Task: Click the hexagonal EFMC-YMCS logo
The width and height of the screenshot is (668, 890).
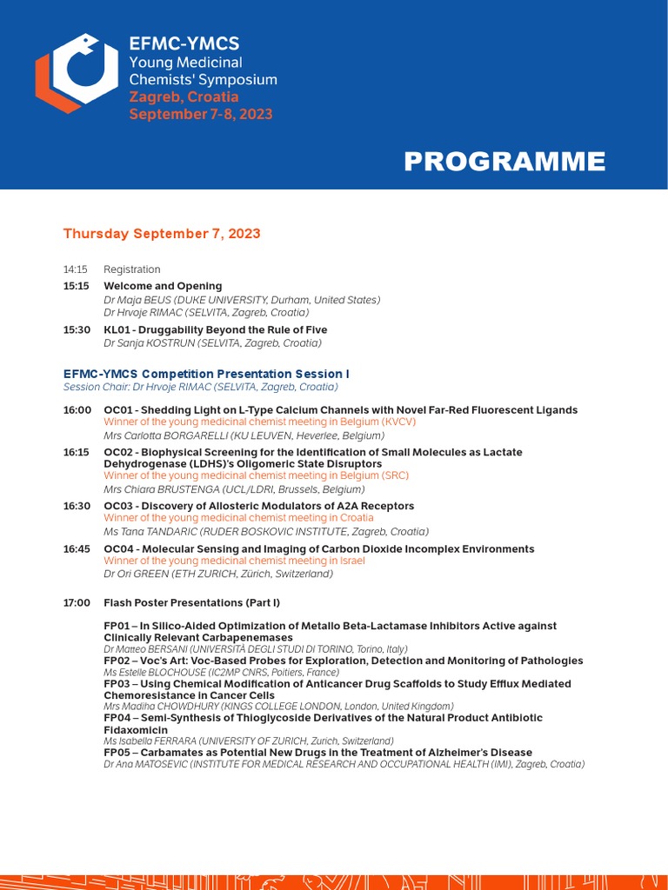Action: [77, 73]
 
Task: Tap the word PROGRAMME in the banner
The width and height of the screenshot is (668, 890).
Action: [504, 162]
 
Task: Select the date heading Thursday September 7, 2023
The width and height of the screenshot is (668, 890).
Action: [162, 234]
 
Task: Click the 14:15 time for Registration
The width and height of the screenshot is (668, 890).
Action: [75, 269]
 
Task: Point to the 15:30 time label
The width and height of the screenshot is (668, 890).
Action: [77, 330]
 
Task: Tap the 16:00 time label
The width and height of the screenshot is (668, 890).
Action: [77, 410]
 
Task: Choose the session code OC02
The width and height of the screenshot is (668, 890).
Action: [118, 453]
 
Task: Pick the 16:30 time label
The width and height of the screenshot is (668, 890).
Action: [77, 506]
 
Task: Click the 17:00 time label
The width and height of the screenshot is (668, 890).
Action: [77, 602]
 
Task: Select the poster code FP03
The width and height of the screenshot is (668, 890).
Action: [117, 684]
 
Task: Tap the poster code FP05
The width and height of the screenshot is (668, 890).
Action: [117, 753]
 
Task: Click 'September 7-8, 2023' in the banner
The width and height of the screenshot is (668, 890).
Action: [201, 114]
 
